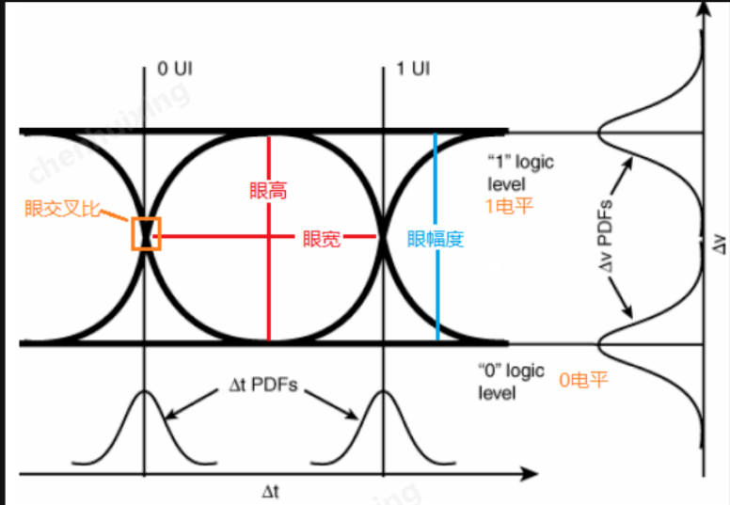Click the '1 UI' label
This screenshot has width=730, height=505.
(412, 70)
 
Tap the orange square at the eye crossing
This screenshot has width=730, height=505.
(146, 233)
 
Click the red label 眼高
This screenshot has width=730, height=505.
(269, 190)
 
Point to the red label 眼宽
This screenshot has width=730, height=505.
(321, 239)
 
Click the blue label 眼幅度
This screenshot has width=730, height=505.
(436, 239)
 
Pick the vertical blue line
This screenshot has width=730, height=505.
(436, 282)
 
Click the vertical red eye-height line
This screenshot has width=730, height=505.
(269, 282)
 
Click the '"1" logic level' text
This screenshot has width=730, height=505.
(520, 171)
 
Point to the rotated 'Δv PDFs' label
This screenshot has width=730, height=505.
(608, 238)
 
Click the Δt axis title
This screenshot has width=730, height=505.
(271, 490)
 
